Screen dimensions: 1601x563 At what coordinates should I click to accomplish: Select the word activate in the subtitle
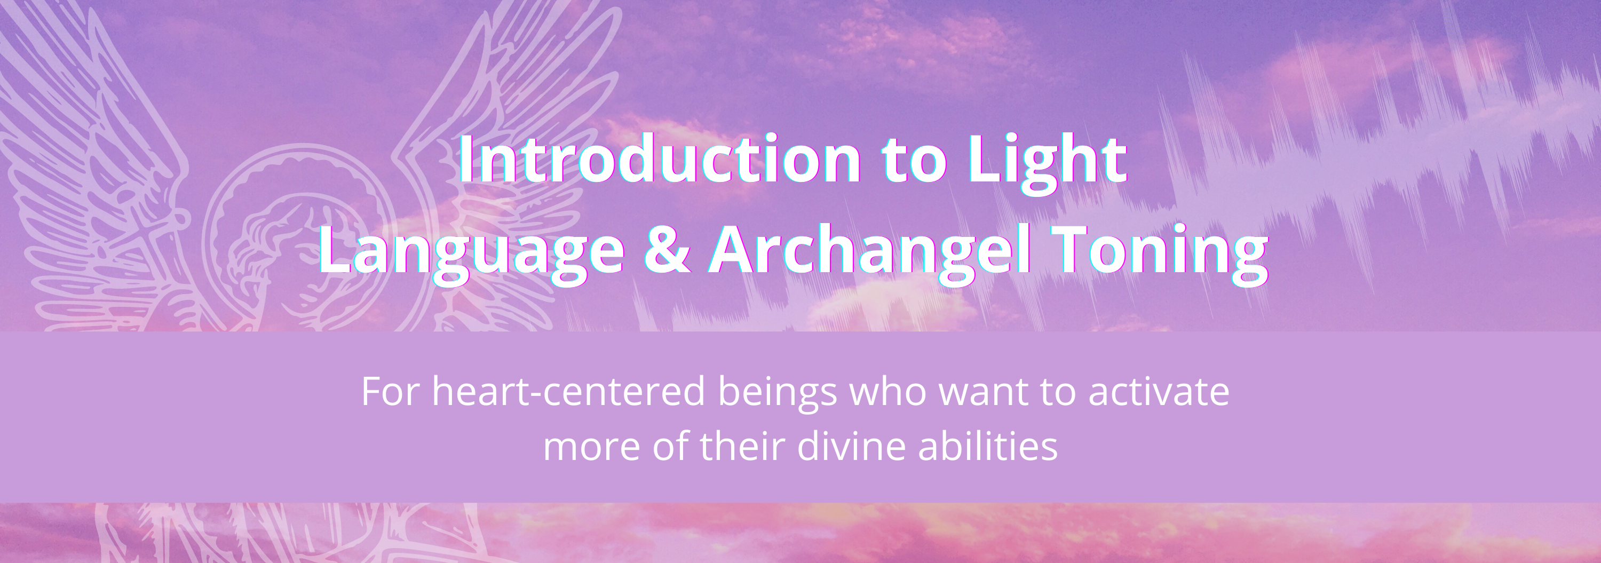[1159, 392]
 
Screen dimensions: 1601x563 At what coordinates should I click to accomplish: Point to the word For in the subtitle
[390, 392]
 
